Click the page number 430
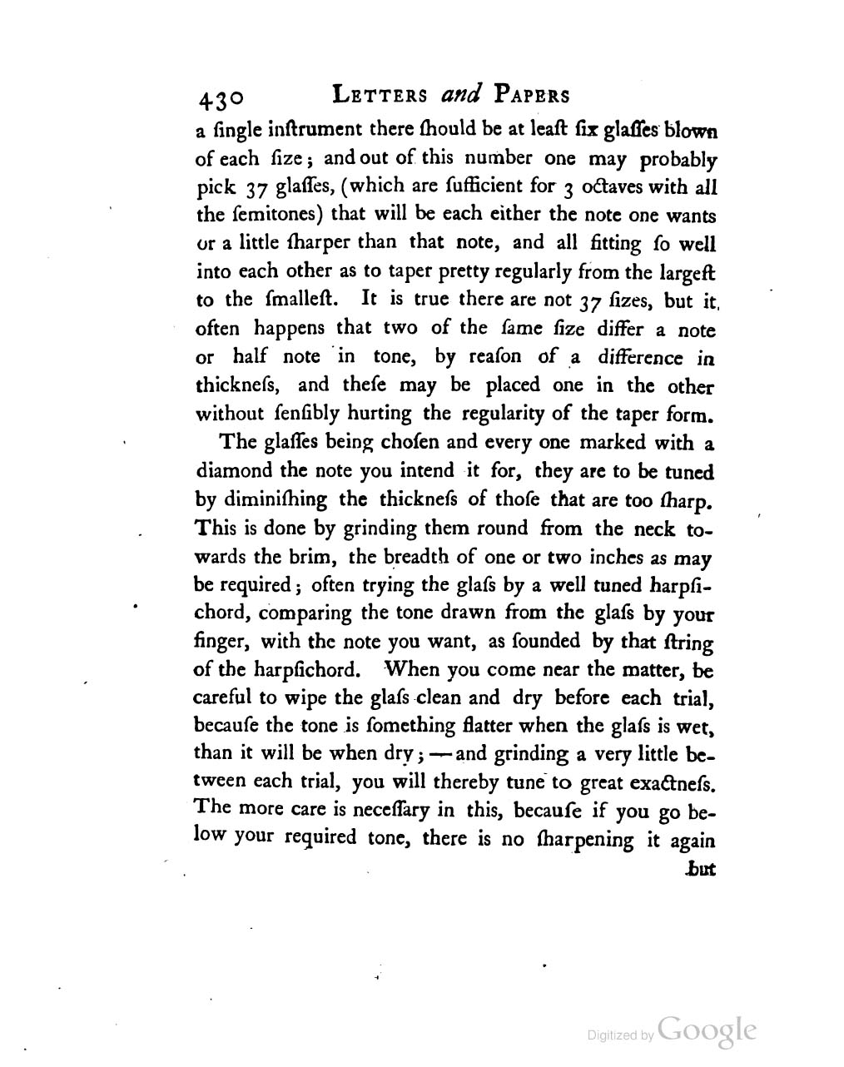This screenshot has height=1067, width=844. tap(220, 98)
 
